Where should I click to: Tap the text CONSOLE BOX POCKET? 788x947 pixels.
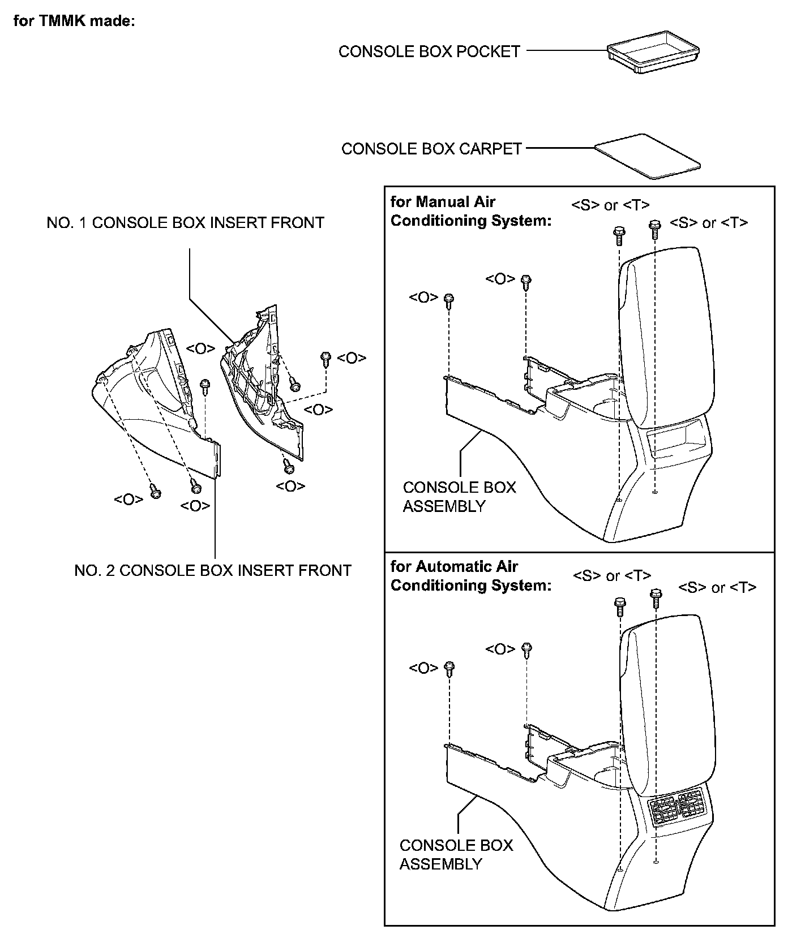point(429,51)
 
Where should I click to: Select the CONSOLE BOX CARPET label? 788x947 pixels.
point(431,149)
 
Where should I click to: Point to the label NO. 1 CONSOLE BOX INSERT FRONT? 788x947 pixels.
point(185,223)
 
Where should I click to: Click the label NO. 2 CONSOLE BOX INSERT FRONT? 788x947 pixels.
point(213,570)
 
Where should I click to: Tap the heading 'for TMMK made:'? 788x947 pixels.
point(74,21)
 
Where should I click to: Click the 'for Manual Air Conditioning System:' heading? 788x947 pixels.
point(470,211)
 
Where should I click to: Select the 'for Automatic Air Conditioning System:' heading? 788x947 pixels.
point(470,576)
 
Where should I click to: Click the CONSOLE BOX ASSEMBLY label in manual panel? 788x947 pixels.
point(459,497)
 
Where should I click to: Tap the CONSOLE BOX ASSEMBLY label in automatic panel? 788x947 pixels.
point(456,855)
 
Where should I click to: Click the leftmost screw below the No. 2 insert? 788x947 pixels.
point(155,492)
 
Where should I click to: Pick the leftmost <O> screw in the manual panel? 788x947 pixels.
point(449,300)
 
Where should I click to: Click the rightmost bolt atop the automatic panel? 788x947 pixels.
point(656,596)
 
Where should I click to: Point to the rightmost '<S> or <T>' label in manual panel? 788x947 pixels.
point(709,223)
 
